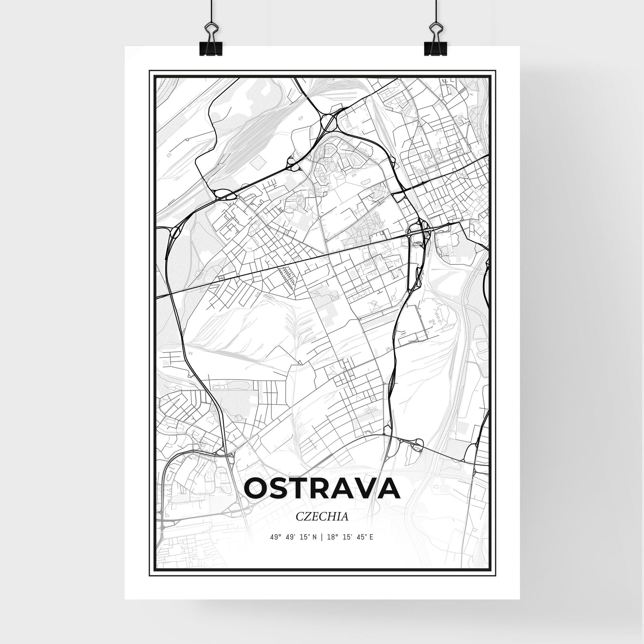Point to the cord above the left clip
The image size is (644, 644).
tap(211, 10)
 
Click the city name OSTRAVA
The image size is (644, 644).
tap(322, 489)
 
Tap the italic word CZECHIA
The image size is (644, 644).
tap(322, 517)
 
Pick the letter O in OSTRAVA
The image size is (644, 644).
tap(256, 489)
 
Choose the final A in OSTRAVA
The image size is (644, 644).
tap(388, 489)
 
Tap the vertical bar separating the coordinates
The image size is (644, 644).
tap(321, 546)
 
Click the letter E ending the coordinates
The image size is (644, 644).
tap(371, 546)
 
